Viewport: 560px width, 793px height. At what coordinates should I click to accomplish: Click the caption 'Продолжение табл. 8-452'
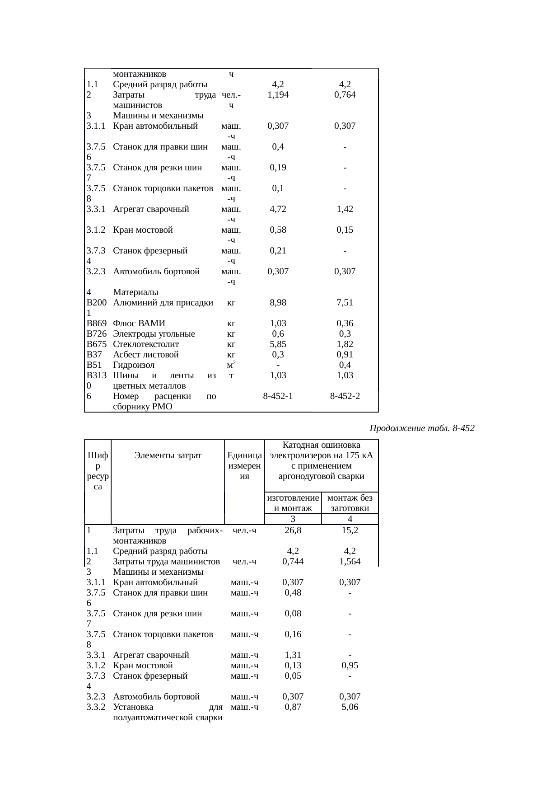pos(422,428)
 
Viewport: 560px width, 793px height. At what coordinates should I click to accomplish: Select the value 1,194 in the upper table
pos(278,95)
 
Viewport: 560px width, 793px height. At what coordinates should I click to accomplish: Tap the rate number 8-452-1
pos(278,396)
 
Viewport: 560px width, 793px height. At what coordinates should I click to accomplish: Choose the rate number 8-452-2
pos(345,396)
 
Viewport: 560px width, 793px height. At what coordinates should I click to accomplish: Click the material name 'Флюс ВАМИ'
pos(139,324)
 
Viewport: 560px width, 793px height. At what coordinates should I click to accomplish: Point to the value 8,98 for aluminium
pos(278,303)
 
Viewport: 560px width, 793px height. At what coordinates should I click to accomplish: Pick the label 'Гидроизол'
pos(134,365)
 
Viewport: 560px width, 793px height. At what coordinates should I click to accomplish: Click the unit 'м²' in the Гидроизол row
pos(232,365)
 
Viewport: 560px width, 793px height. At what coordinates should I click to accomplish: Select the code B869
pos(96,324)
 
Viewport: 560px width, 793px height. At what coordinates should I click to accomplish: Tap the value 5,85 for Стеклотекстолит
pos(278,344)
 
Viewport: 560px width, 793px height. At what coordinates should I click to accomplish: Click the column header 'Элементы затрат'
pos(168,455)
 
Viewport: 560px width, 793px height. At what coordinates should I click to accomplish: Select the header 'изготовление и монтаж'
pos(293,503)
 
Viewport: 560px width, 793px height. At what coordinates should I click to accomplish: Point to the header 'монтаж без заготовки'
pos(350,503)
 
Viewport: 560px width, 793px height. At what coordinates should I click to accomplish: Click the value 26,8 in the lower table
pos(293,530)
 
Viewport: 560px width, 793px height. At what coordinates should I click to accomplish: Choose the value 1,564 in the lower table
pos(350,562)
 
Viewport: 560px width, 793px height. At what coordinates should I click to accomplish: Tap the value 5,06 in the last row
pos(350,707)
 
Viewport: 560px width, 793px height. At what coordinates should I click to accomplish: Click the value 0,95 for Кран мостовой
pos(350,666)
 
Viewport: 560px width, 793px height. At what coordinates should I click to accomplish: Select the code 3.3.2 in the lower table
pos(96,707)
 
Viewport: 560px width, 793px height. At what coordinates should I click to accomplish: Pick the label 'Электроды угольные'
pos(154,334)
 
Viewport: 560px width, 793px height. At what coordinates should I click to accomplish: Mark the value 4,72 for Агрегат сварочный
pos(278,209)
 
